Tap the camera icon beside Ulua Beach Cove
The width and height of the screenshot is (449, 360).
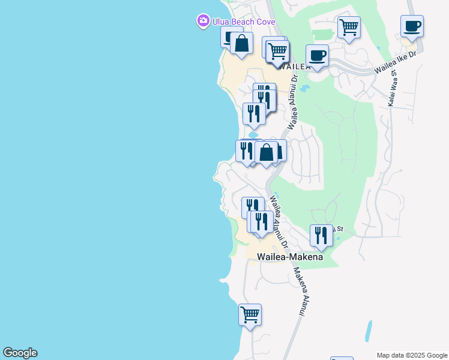coord(203,22)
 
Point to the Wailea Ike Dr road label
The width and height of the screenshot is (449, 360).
coord(395,62)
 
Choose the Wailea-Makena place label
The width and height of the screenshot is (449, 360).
coord(290,257)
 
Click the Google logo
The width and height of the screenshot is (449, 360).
coord(20,353)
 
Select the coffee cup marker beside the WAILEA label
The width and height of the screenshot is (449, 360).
coord(317,56)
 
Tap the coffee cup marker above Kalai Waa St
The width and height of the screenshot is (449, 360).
coord(412,27)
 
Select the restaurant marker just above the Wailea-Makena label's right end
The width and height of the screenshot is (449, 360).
coord(321,236)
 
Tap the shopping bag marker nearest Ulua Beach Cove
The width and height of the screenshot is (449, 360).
coord(241,44)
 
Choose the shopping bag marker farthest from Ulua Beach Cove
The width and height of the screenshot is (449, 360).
coord(266,153)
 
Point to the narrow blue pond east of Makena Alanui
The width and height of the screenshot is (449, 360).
coord(368,331)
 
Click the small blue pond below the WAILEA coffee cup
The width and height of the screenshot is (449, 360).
coord(304,89)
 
